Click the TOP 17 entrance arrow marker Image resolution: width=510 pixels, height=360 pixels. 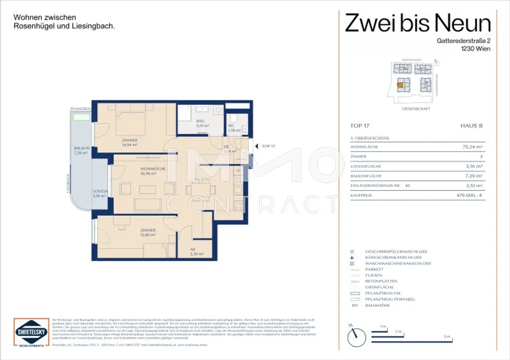click(x=257, y=146)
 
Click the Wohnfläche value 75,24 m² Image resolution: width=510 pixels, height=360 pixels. click(x=473, y=147)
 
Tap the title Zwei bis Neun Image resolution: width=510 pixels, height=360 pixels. click(x=418, y=23)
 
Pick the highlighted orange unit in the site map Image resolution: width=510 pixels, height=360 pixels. click(x=399, y=85)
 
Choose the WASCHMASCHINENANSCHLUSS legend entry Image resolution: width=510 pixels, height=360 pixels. click(x=398, y=263)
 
